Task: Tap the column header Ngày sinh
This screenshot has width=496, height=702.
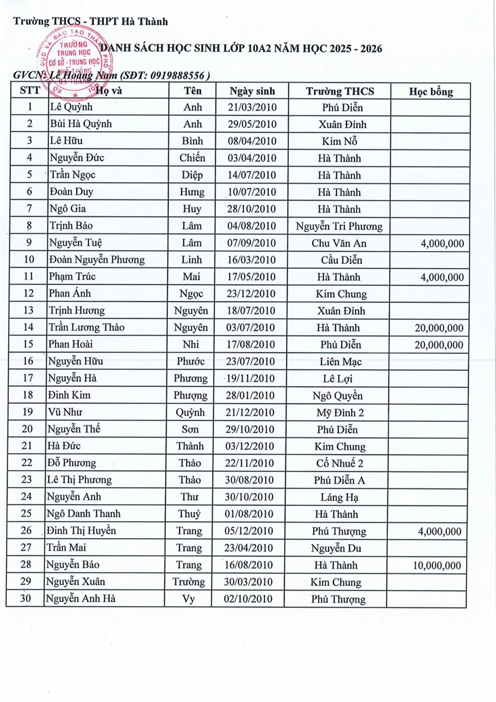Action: tap(251, 91)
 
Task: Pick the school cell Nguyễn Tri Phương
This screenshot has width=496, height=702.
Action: tap(339, 226)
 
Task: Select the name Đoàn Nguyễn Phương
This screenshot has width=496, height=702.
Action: tap(96, 260)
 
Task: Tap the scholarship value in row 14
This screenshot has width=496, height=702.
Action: tap(439, 328)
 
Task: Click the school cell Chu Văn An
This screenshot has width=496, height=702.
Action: tap(339, 243)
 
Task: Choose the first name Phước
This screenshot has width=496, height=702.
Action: tap(190, 361)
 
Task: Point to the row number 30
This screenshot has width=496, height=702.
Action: tap(29, 599)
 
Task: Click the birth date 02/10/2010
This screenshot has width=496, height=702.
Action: tap(251, 599)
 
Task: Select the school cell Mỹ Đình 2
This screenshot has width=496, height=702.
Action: tap(340, 412)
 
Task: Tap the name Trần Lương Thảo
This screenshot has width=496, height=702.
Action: tap(86, 327)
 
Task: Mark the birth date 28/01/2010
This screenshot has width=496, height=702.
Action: tap(252, 395)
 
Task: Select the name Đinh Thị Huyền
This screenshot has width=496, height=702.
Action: tap(81, 531)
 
